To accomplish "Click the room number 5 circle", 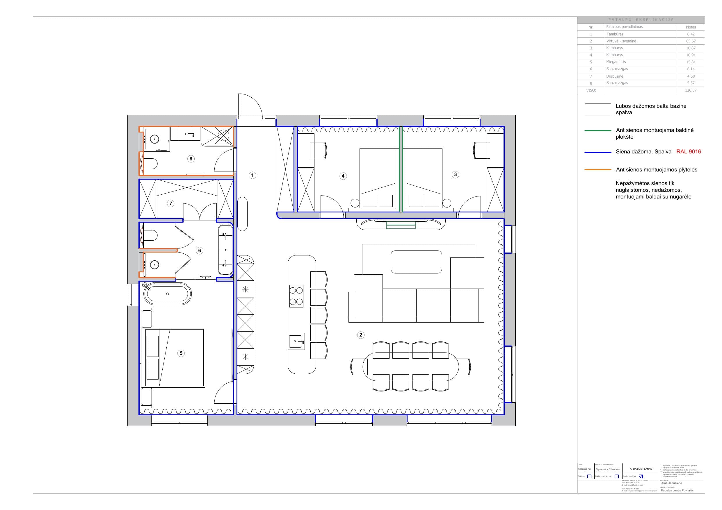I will [x=181, y=353].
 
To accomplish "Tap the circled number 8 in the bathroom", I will [x=191, y=159].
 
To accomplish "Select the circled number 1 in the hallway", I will [x=252, y=175].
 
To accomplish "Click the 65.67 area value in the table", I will [x=691, y=41].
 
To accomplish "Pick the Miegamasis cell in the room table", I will [x=616, y=62].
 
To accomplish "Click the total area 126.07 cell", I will [x=691, y=90].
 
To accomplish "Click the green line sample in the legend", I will [x=597, y=130].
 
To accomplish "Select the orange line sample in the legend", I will [x=597, y=170].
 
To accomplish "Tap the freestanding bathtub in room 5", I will [x=167, y=294].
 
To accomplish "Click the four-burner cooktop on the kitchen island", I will [x=296, y=296].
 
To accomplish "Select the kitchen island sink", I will [x=296, y=341].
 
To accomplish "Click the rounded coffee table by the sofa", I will [x=416, y=262].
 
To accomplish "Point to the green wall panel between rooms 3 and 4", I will [x=401, y=170].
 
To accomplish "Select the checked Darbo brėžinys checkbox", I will [x=641, y=476].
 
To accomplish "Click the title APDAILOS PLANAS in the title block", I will [x=641, y=468].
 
